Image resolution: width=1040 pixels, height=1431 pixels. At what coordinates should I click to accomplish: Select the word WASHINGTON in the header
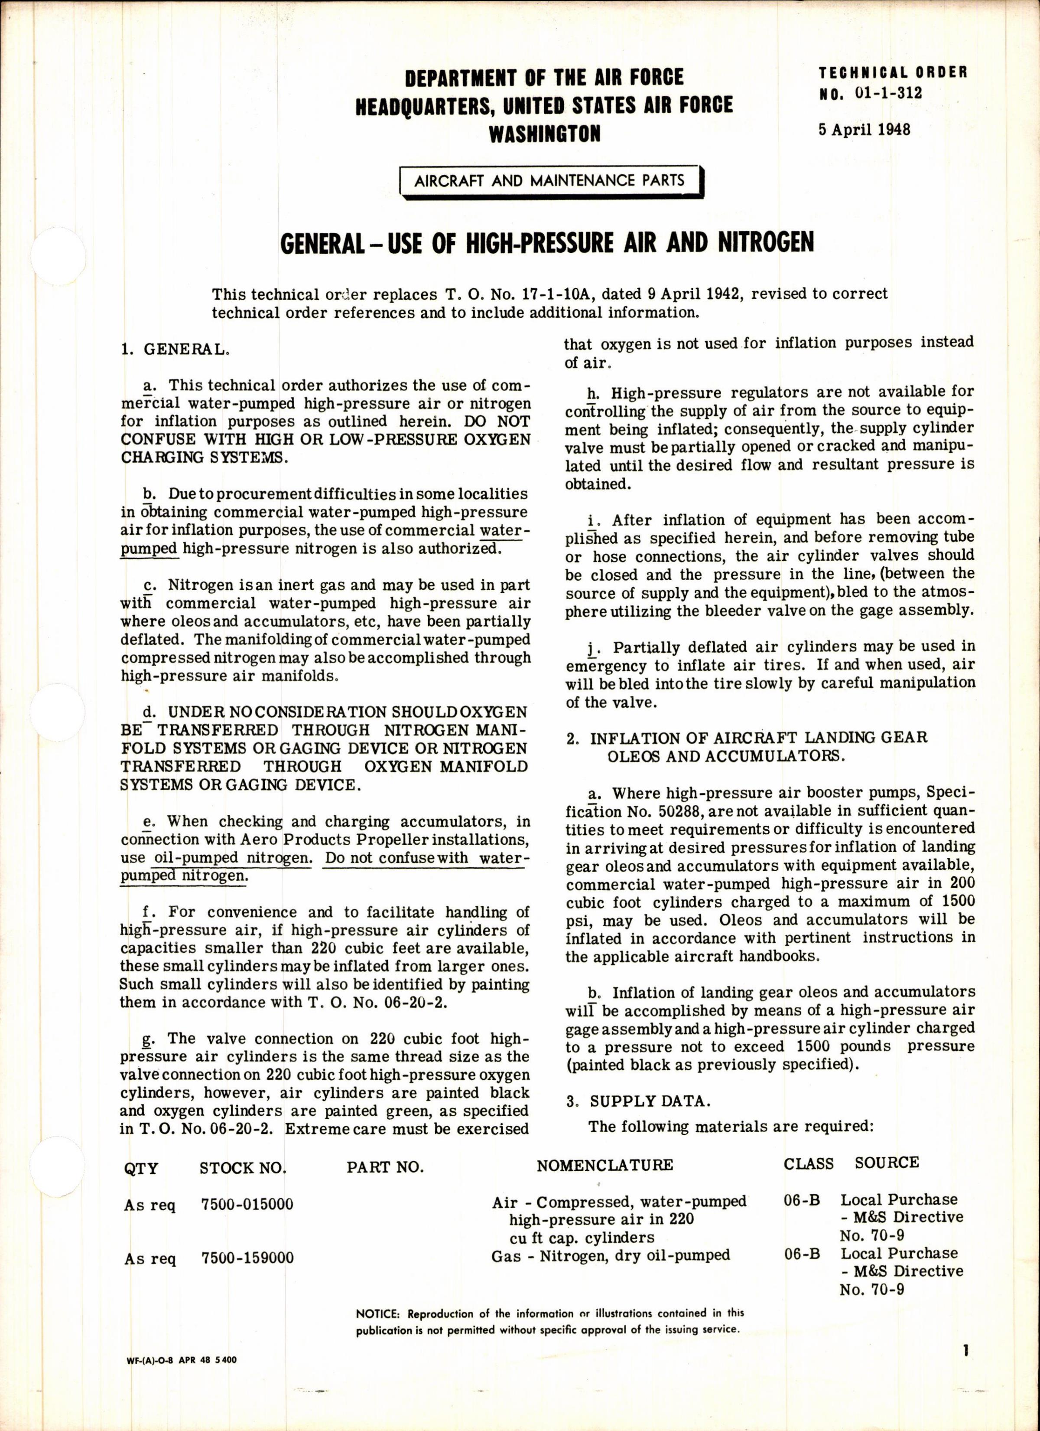(545, 134)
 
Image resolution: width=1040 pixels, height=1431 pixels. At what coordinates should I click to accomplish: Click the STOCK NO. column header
(243, 1167)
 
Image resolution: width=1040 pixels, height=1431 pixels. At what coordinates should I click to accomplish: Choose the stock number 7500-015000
(247, 1204)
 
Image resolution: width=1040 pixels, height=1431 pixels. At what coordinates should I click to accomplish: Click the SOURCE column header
(887, 1162)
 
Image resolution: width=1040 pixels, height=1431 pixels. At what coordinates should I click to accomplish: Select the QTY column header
(141, 1167)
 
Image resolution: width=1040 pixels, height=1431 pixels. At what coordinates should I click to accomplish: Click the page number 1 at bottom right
(965, 1347)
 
